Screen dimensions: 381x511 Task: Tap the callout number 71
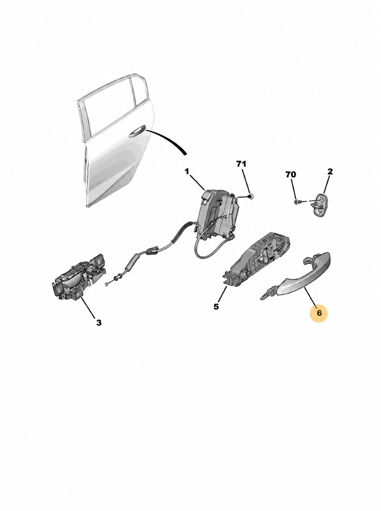click(241, 164)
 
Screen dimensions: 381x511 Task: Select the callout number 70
click(291, 175)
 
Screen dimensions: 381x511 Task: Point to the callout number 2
click(330, 172)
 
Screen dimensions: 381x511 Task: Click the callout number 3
click(99, 323)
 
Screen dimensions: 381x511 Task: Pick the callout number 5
click(216, 306)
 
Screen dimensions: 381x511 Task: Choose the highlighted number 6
click(319, 313)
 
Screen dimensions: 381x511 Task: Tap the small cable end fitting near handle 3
click(107, 284)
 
